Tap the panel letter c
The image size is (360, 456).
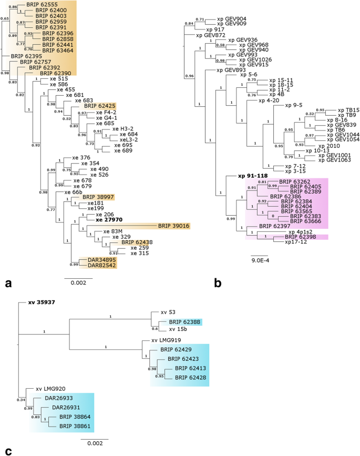tap(8, 450)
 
